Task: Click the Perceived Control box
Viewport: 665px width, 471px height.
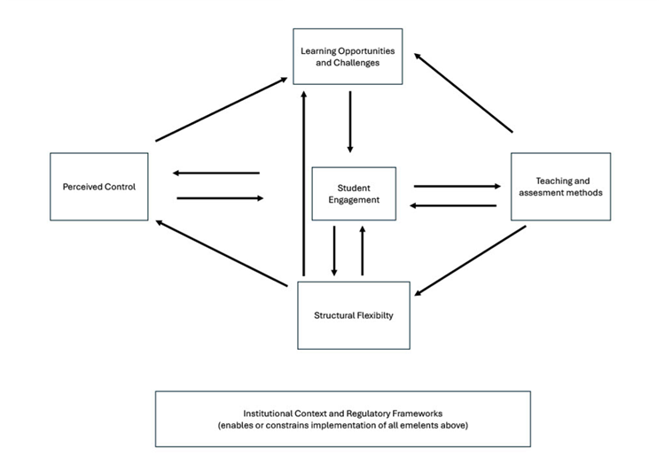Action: coord(98,187)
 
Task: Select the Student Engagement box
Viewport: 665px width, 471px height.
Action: coord(353,194)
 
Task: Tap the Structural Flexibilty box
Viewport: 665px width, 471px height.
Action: coord(353,314)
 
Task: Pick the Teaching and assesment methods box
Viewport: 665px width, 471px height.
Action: coord(560,186)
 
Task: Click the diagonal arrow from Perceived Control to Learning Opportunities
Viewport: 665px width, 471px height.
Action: coord(221,110)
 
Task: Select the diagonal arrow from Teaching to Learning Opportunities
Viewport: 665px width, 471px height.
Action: coord(463,92)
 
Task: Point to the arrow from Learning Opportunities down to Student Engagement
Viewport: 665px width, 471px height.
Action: coord(349,121)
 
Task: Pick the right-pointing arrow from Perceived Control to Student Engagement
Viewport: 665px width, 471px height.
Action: coord(221,198)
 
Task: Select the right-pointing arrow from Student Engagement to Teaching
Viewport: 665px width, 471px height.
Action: coord(457,186)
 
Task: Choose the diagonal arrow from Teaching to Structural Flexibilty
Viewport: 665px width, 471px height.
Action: coord(470,261)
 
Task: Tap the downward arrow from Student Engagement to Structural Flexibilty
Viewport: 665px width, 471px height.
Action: coord(334,251)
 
